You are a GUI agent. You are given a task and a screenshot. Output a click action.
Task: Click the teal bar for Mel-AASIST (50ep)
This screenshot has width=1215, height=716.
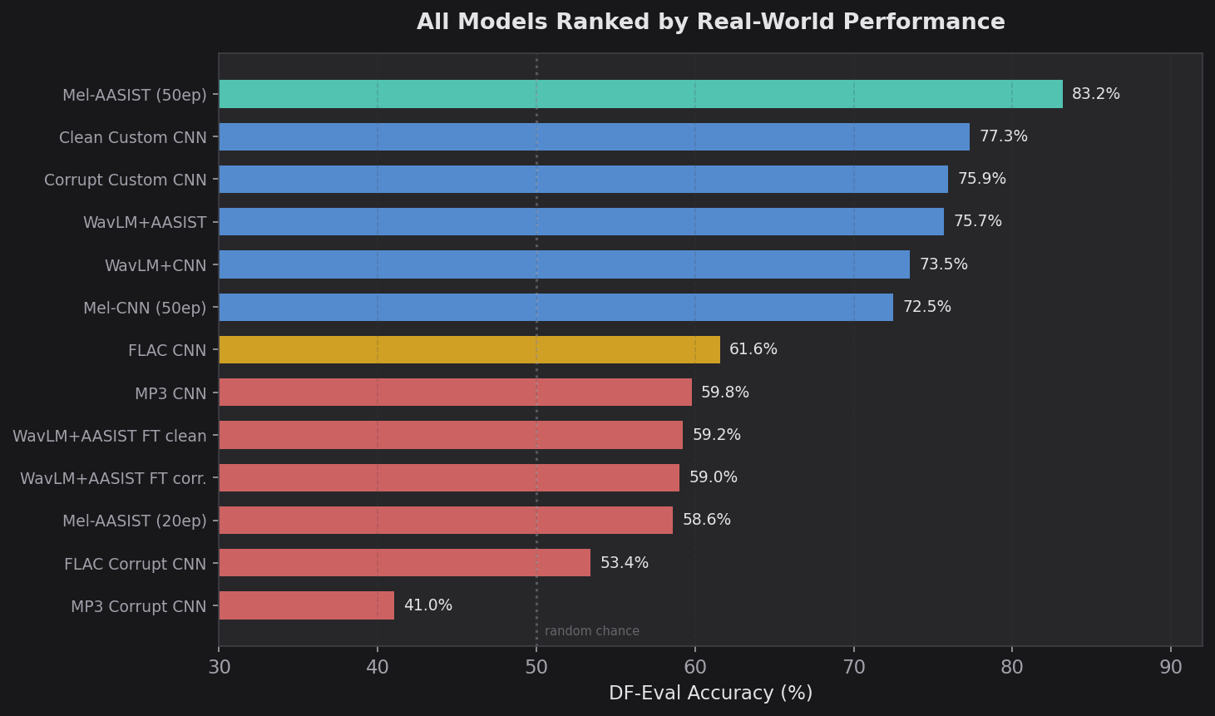point(640,94)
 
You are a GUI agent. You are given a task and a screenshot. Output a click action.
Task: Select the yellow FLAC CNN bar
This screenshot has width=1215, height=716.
point(469,350)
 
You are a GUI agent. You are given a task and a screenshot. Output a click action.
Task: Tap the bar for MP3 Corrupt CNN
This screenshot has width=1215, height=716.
point(306,605)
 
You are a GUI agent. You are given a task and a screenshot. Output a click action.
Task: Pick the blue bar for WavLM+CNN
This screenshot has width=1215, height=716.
point(564,264)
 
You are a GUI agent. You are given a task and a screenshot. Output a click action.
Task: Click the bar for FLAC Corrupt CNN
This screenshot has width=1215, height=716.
point(404,563)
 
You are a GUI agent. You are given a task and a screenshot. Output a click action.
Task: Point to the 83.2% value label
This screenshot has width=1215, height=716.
point(1095,94)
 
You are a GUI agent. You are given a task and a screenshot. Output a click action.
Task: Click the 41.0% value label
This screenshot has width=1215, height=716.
point(428,605)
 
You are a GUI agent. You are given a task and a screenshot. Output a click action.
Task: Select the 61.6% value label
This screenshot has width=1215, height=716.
point(753,349)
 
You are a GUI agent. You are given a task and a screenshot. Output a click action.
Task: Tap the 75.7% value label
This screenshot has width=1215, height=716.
point(977,221)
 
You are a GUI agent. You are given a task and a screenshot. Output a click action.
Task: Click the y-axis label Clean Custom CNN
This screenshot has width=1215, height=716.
point(133,137)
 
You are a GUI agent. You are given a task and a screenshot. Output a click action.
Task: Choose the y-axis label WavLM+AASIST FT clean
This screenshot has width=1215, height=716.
point(110,436)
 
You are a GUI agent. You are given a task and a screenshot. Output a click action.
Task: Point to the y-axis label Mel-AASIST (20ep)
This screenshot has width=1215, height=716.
point(135,521)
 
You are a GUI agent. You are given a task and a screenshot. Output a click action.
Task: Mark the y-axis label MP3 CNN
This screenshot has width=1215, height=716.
point(170,393)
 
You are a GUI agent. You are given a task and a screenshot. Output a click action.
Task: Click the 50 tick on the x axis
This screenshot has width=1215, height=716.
point(536,667)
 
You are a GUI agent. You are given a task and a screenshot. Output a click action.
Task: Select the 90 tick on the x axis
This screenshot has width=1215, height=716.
point(1171,667)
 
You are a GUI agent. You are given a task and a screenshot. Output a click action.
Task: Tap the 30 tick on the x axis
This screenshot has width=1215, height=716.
point(219,667)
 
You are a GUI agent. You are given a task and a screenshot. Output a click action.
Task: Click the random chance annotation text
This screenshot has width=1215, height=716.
point(592,631)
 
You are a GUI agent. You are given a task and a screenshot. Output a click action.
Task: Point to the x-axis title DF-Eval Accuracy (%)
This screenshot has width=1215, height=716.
point(710,694)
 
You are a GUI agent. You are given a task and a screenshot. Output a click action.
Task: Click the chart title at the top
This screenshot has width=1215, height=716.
point(710,22)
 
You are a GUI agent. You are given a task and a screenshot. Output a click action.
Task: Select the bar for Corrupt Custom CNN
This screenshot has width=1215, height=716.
point(583,179)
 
